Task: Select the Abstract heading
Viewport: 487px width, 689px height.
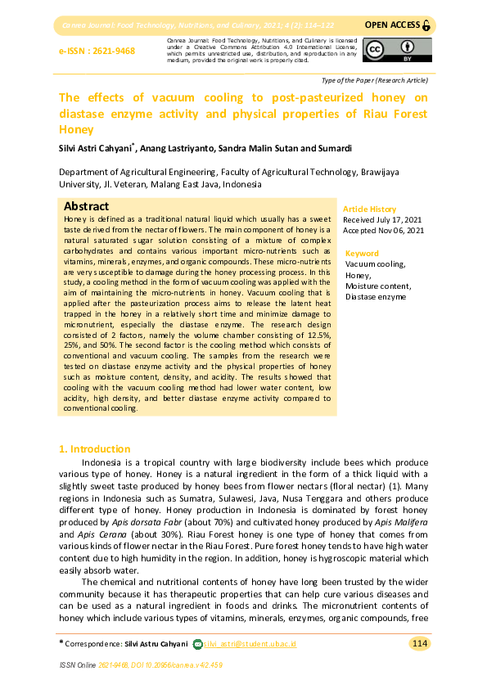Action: coord(87,206)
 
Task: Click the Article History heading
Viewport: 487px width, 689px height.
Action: coord(369,209)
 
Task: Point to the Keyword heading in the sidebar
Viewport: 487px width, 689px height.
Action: coord(362,254)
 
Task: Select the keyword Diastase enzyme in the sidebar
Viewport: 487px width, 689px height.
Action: coord(375,296)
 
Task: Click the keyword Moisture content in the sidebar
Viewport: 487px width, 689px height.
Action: coord(378,286)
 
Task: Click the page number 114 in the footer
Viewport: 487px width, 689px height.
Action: coord(419,644)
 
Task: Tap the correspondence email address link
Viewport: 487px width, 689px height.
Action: coord(250,644)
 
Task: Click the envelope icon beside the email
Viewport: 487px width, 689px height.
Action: coord(196,644)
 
